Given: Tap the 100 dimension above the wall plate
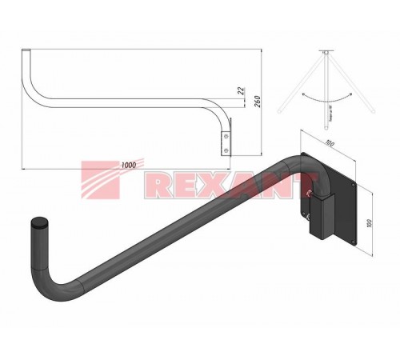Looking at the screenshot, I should click(328, 144).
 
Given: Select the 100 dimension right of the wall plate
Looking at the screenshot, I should click(370, 220).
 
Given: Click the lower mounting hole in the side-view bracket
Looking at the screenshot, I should click(229, 149).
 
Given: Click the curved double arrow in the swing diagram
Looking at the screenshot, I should click(328, 95).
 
